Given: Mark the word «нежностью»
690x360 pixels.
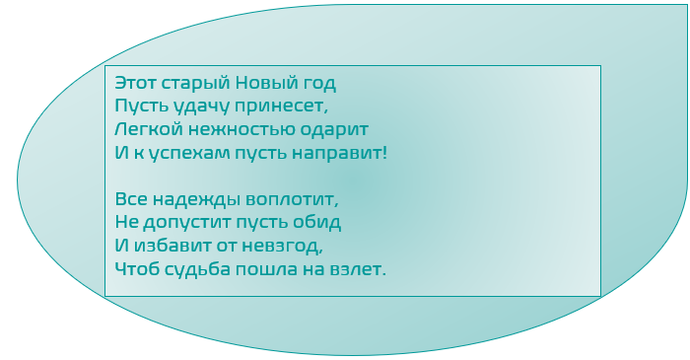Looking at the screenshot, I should click(x=234, y=129).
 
